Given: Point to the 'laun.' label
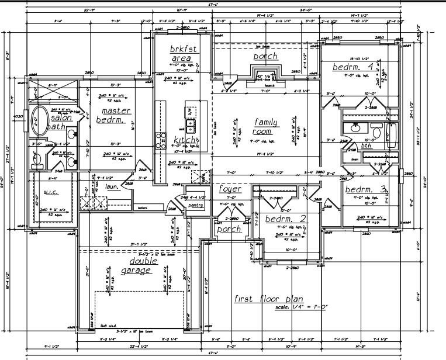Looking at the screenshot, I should click(x=113, y=186).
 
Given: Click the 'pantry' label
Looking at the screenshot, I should click(x=196, y=205).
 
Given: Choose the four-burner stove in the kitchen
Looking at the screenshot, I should click(x=160, y=139).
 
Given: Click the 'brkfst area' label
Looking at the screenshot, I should click(x=181, y=53).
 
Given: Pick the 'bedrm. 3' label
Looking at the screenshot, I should click(x=366, y=189).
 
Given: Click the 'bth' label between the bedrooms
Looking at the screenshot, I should click(x=366, y=146).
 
